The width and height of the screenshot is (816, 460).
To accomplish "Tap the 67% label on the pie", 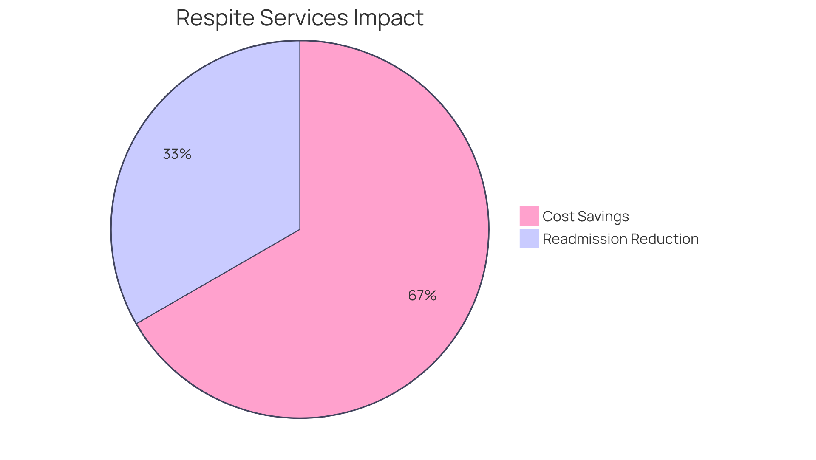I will [x=422, y=296].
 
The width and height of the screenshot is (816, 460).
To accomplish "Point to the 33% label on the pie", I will [x=177, y=154].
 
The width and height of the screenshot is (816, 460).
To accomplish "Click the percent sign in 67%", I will [x=430, y=296].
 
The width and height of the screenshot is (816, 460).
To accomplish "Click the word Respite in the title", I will [x=215, y=18].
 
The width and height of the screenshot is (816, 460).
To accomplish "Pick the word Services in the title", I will [x=303, y=18].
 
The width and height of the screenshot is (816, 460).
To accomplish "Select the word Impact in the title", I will [x=388, y=18].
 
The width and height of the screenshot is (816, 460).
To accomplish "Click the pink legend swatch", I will [x=529, y=216].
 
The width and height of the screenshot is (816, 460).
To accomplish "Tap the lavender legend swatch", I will [x=529, y=239].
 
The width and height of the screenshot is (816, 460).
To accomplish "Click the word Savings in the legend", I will [x=603, y=217].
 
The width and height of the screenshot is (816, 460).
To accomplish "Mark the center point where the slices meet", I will [x=300, y=229].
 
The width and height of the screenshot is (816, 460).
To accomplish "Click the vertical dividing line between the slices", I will [x=300, y=136].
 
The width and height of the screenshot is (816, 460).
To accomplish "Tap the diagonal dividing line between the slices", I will [x=219, y=276].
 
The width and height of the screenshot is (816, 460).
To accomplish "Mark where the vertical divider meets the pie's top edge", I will [x=300, y=41].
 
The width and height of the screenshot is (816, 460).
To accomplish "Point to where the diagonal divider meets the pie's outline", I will [x=137, y=323].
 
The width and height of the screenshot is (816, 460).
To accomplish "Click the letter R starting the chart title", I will [x=183, y=18].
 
